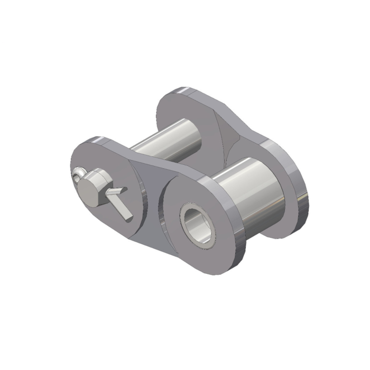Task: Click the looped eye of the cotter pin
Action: [79, 172]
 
